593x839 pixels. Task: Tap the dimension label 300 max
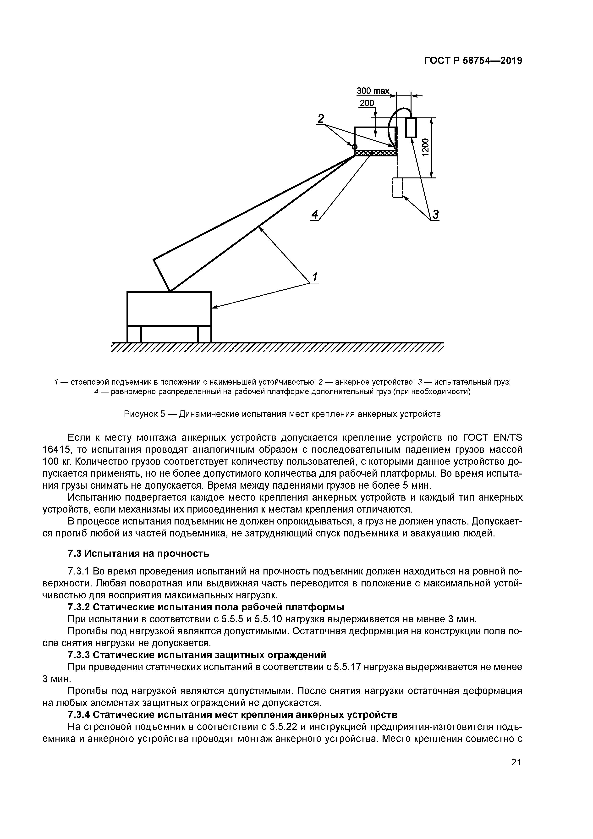373,91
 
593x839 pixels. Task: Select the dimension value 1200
425,147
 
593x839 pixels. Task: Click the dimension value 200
367,103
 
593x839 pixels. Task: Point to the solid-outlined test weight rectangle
411,127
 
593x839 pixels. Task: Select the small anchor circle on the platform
354,147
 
